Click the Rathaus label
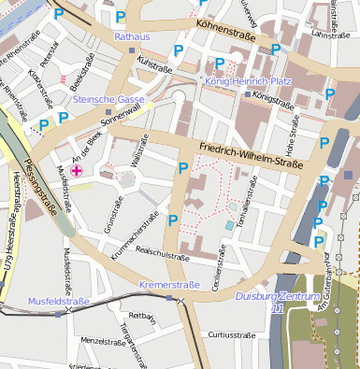click(x=131, y=35)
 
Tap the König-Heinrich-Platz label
click(x=248, y=81)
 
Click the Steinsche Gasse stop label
click(x=108, y=98)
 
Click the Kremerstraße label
click(x=169, y=284)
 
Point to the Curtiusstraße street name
click(x=231, y=334)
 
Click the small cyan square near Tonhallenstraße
click(x=230, y=225)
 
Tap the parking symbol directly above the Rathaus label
click(x=120, y=16)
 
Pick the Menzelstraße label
click(x=103, y=341)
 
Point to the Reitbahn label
click(x=140, y=316)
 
